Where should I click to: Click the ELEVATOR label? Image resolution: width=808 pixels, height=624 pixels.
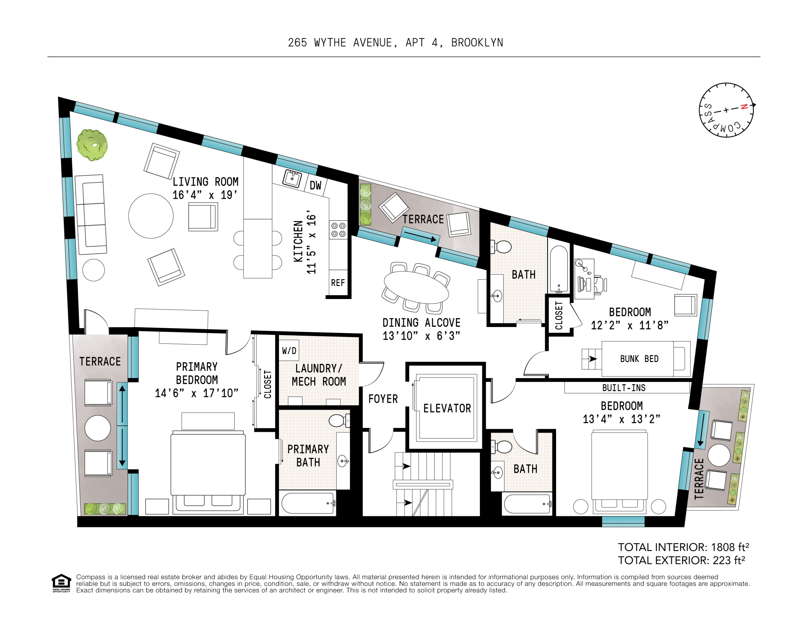[447, 408]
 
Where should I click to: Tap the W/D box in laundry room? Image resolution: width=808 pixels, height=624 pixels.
[289, 351]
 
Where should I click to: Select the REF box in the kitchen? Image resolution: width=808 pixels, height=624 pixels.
[338, 283]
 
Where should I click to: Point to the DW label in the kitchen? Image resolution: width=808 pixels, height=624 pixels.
[315, 185]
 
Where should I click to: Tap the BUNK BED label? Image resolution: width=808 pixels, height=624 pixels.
[639, 359]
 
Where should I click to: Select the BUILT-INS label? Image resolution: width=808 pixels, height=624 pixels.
[624, 388]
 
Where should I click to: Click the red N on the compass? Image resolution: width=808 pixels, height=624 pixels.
[744, 107]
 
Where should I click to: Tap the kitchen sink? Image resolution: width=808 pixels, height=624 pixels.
[292, 179]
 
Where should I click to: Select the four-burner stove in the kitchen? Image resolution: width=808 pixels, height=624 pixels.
[338, 230]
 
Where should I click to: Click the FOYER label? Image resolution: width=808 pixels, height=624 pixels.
[383, 399]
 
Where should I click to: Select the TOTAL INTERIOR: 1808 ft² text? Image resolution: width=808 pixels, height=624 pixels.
[683, 547]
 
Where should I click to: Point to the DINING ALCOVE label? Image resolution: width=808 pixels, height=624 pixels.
[421, 322]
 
